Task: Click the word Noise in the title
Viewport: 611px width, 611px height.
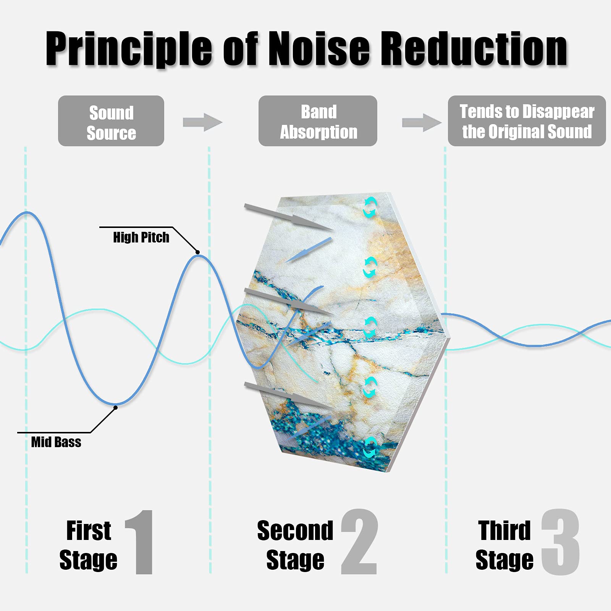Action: click(319, 48)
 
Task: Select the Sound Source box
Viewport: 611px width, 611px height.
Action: click(111, 121)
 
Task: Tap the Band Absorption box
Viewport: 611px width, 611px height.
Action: click(318, 121)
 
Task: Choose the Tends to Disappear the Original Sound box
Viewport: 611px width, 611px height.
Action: click(527, 121)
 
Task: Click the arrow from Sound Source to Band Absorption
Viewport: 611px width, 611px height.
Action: click(202, 122)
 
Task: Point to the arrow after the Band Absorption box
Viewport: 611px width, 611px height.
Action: click(422, 123)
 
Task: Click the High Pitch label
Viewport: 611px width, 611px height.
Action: click(141, 237)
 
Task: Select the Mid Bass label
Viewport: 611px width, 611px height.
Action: click(56, 442)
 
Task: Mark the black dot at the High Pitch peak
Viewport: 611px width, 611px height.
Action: click(197, 252)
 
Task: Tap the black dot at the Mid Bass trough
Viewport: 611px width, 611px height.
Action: click(115, 407)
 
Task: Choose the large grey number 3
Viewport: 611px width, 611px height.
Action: click(561, 542)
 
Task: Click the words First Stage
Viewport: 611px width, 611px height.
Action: click(88, 545)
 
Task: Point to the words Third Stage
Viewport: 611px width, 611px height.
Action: click(504, 545)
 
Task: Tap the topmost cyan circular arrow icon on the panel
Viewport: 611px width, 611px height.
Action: click(370, 208)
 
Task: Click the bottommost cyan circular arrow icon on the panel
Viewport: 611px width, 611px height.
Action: click(370, 448)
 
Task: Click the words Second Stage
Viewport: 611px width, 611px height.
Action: click(295, 545)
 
